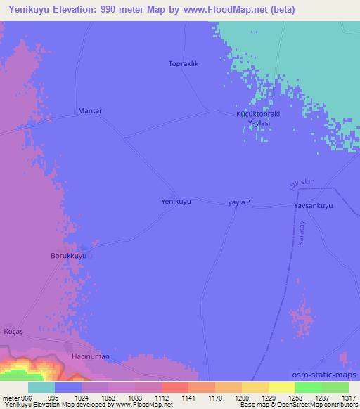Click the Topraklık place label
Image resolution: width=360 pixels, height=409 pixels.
[x=184, y=63]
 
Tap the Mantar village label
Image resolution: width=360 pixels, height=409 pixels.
[x=90, y=111]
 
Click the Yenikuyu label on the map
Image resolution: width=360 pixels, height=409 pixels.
[x=176, y=201]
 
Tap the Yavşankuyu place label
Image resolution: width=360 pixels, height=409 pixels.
[x=313, y=206]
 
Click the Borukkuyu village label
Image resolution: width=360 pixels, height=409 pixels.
[x=68, y=257]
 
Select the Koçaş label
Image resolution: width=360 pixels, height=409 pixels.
[x=15, y=331]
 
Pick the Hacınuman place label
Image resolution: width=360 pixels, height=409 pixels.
[x=91, y=357]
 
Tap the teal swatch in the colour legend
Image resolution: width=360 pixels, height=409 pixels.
[x=41, y=387]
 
